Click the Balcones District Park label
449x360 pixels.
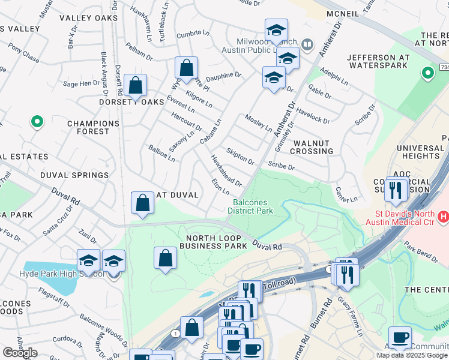click(x=253, y=206)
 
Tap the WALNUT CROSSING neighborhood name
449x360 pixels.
click(x=312, y=147)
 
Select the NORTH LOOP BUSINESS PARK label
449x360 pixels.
click(x=213, y=242)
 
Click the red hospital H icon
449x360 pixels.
click(x=443, y=215)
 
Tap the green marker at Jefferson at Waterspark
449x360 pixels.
click(x=427, y=74)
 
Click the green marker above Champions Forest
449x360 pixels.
click(x=37, y=122)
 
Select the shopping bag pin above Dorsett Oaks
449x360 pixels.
click(x=136, y=86)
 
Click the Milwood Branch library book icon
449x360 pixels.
click(x=307, y=44)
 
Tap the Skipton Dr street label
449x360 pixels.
click(x=240, y=157)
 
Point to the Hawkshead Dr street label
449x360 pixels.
click(x=225, y=170)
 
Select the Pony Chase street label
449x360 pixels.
click(x=23, y=54)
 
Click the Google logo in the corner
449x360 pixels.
click(x=20, y=353)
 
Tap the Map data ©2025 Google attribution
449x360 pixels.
click(x=411, y=355)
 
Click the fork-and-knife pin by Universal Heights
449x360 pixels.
click(x=396, y=189)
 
